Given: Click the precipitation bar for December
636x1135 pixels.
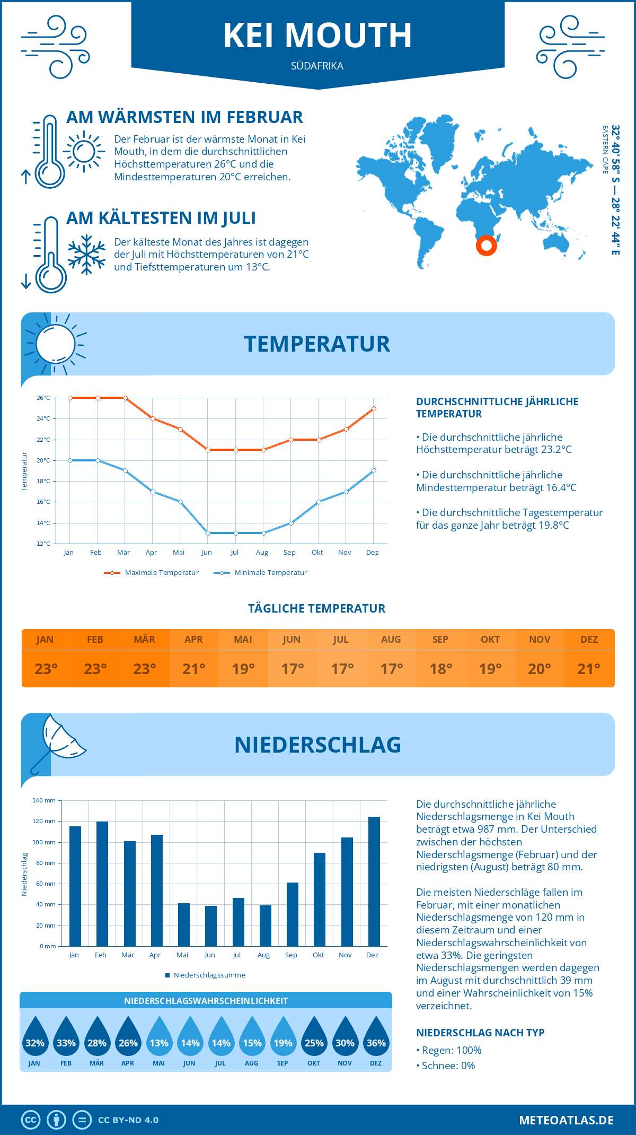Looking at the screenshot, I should (374, 881).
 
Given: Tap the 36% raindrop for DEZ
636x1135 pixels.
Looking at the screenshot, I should (376, 1037).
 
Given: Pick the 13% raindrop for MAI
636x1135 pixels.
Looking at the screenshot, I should (159, 1037).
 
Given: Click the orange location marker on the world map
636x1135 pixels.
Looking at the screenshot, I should (486, 246).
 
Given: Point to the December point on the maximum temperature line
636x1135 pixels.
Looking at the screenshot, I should (374, 408).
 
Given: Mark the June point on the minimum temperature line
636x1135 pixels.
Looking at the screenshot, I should (208, 533).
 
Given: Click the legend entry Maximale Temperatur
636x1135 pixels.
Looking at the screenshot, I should (152, 573).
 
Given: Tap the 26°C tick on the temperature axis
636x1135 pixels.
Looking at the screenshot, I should (43, 398).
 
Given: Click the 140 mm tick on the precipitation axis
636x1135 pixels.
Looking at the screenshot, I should (44, 800).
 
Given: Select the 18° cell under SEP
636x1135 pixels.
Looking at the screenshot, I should (440, 669).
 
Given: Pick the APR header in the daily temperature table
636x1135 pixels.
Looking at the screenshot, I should (193, 640).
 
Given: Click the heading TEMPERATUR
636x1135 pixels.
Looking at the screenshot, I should (317, 344).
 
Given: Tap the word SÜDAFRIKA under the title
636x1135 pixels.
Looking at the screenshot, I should (317, 66).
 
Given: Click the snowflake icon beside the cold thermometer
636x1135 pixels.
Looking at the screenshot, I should (86, 255).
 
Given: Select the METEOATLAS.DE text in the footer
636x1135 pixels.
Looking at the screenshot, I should (566, 1120).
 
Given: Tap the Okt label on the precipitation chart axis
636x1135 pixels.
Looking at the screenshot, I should (318, 955).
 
